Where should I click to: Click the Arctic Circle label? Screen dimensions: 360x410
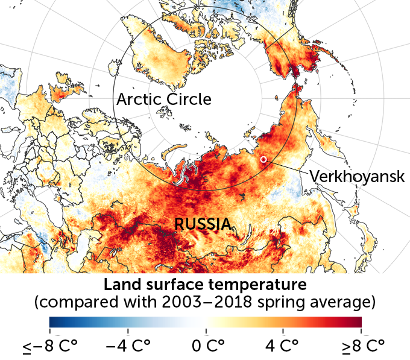pos(164,99)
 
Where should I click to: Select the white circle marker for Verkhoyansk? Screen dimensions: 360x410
pos(263,159)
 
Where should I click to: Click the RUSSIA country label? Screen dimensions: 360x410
pos(203,224)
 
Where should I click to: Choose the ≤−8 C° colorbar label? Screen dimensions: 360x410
pos(49,347)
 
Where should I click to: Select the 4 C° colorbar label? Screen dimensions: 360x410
pos(283,347)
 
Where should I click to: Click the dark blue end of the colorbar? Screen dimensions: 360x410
pos(54,321)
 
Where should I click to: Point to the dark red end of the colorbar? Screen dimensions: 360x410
pos(356,321)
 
